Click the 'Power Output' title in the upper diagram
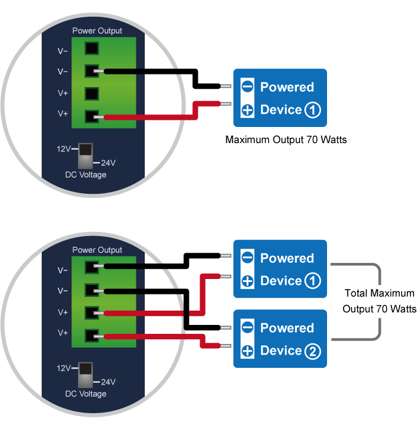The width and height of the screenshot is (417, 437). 97,30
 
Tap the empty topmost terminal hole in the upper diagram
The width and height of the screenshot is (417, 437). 92,48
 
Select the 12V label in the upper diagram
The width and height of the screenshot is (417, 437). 64,149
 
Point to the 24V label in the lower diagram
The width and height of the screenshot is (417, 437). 108,382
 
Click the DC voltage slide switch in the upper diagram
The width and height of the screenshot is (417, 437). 85,156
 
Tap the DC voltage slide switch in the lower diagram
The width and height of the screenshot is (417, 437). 85,375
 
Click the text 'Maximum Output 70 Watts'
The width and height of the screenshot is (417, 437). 286,140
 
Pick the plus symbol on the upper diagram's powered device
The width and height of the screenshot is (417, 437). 247,110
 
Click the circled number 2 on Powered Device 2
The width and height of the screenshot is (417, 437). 313,351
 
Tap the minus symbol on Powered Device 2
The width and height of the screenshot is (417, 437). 247,327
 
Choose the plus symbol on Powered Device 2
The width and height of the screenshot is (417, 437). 247,351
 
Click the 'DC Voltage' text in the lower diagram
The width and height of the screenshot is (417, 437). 86,394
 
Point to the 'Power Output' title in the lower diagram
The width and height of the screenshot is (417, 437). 97,250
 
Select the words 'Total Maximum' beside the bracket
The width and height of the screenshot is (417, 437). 379,293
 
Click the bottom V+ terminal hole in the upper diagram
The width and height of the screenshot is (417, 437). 92,116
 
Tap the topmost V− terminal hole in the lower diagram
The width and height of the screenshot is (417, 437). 92,268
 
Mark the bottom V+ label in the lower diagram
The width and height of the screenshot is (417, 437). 63,333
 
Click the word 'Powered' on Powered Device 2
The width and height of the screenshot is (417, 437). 287,328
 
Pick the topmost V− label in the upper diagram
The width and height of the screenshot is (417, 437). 63,51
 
